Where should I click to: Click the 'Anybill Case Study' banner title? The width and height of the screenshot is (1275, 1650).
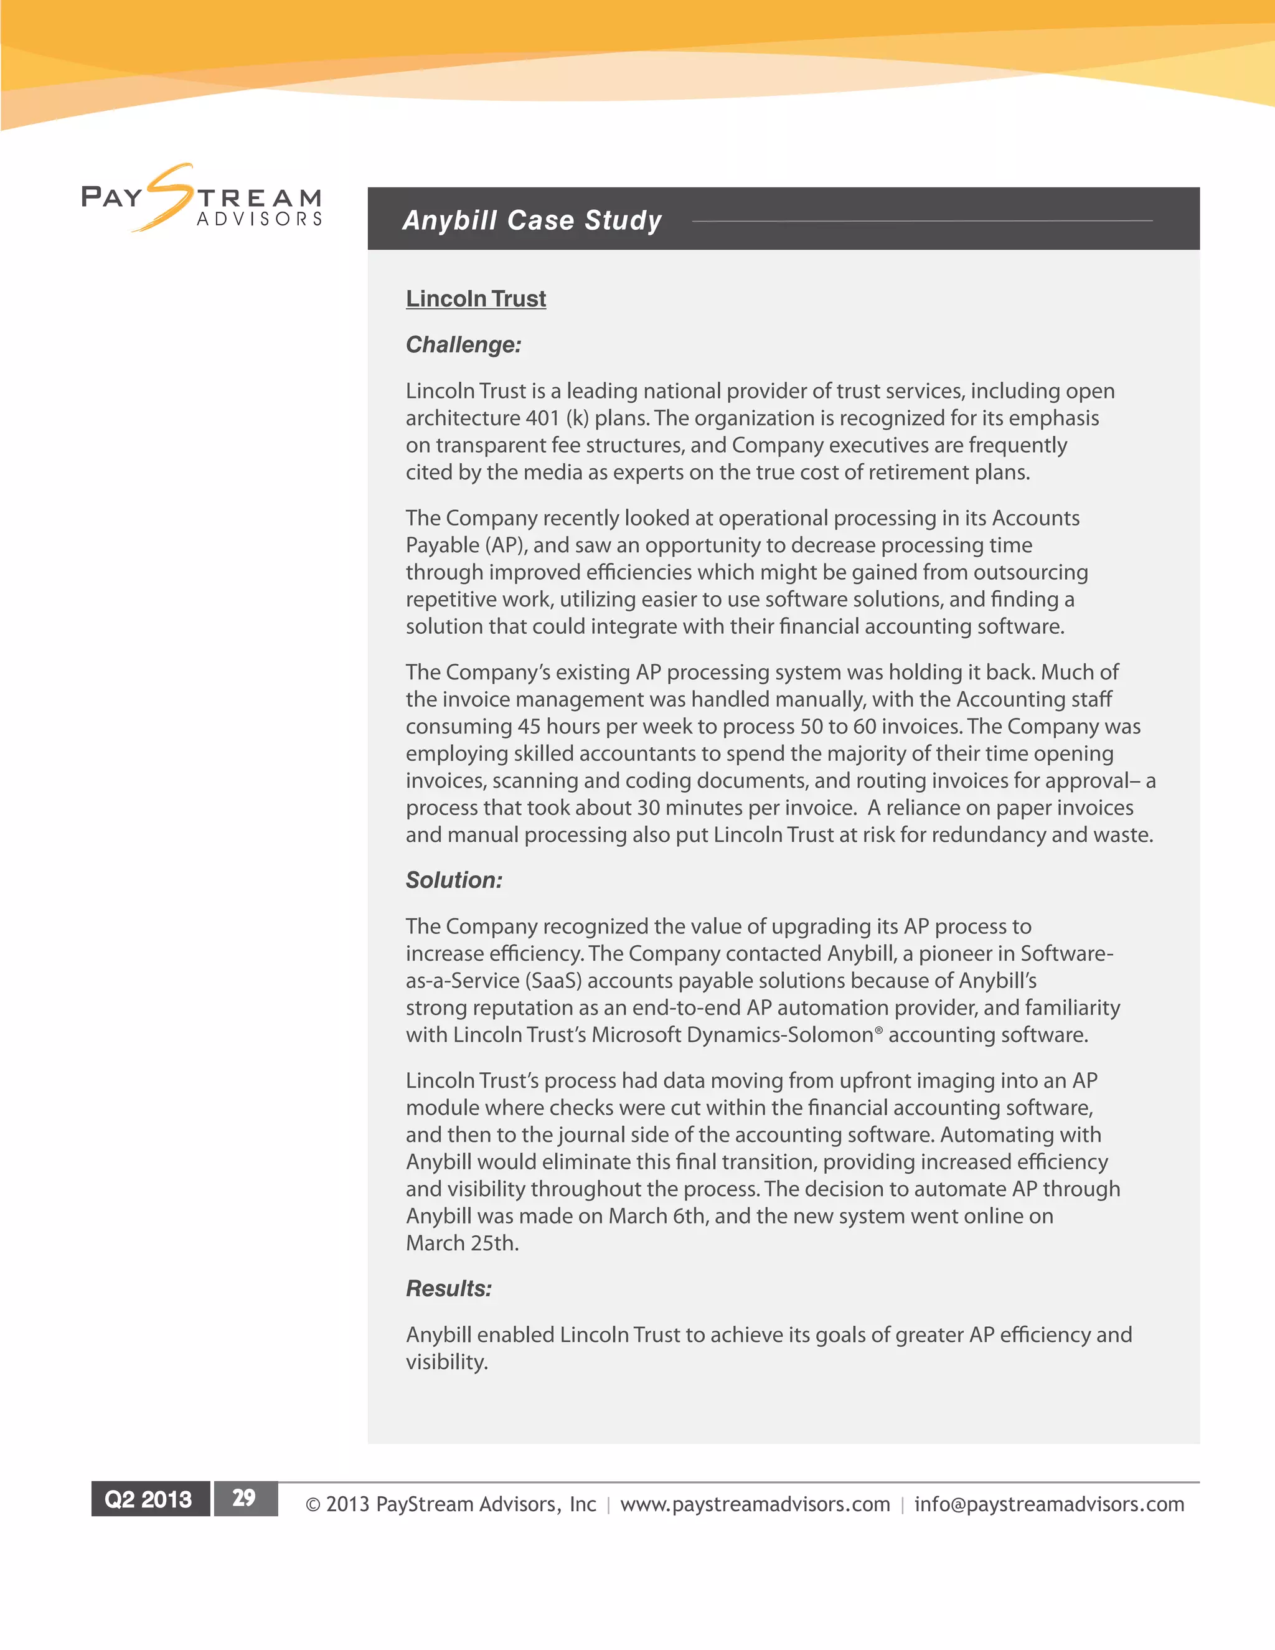point(532,220)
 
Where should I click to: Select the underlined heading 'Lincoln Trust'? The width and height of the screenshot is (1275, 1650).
point(475,298)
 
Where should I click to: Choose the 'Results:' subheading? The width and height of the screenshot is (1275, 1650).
point(449,1288)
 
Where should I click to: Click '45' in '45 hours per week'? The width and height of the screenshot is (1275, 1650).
point(529,726)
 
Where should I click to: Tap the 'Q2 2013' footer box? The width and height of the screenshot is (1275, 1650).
point(149,1499)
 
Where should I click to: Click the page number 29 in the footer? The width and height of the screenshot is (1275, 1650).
point(244,1498)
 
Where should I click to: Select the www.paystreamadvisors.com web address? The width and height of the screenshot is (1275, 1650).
point(755,1504)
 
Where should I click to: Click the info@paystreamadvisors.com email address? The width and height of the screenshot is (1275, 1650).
point(1048,1504)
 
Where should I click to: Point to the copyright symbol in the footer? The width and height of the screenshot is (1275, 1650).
point(313,1505)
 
